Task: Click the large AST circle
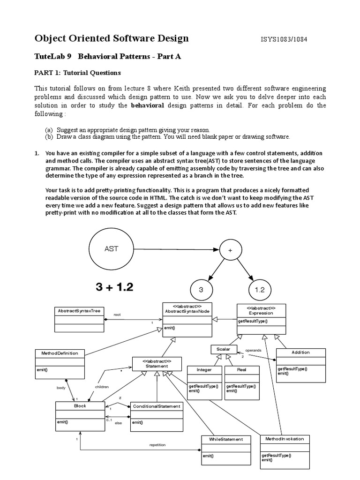pos(111,249)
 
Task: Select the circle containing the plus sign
pos(230,251)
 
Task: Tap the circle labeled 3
pos(201,290)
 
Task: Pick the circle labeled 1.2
pos(260,290)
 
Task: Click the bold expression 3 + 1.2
pos(114,287)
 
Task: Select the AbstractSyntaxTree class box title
pos(79,311)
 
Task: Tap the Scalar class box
pos(221,349)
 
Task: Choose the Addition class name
pos(300,352)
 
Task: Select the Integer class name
pos(204,369)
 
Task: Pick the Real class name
pos(241,369)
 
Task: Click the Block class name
pos(80,406)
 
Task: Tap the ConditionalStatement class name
pos(156,406)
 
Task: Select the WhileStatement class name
pos(223,439)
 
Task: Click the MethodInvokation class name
pos(285,439)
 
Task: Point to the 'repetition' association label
pos(157,444)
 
